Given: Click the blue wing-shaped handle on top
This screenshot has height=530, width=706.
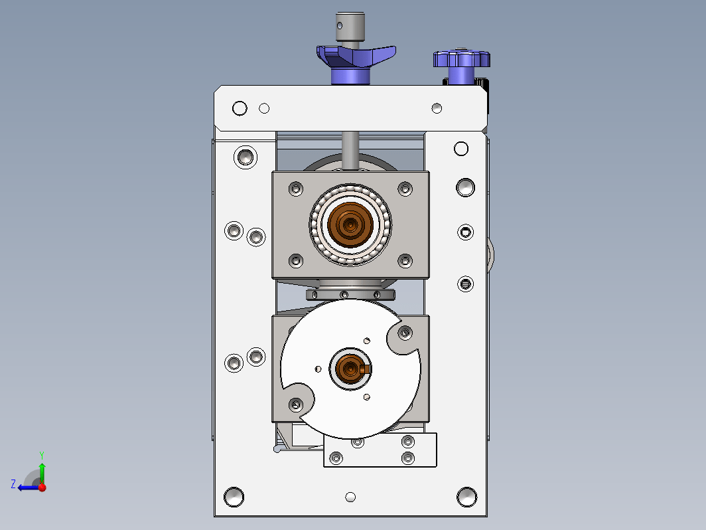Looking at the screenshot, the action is point(356,57).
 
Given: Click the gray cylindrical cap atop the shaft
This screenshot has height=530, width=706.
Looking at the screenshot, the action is point(350,27).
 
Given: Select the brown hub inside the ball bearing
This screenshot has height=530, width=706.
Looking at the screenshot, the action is point(350,224).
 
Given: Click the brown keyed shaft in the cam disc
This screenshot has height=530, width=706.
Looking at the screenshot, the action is point(350,369).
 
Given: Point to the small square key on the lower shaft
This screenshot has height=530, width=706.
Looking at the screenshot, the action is point(365,369).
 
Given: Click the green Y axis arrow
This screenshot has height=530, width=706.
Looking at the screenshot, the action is point(42,472).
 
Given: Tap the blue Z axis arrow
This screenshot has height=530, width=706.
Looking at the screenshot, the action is point(29,487).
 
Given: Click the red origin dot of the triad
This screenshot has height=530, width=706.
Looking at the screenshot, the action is point(42,487).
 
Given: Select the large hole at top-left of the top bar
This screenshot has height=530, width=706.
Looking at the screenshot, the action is point(240,108).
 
